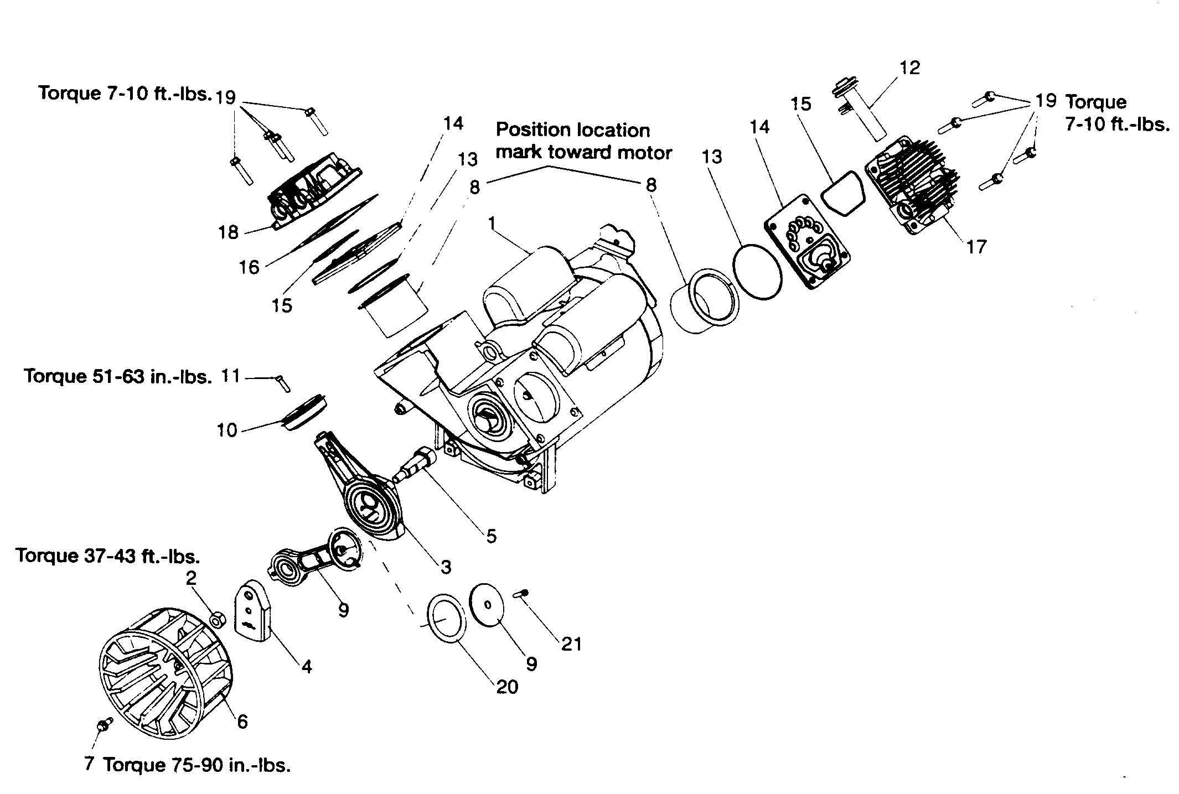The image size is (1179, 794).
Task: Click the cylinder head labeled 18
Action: [313, 191]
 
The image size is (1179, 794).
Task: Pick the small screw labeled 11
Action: [282, 382]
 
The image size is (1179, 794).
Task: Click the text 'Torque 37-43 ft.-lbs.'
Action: [108, 556]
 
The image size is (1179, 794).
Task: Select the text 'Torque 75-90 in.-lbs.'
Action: [196, 765]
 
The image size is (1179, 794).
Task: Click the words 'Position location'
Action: [572, 130]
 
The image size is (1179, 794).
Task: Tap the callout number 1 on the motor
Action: [491, 224]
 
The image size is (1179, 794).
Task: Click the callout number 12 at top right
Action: [909, 68]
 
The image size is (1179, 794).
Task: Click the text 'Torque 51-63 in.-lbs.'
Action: [118, 377]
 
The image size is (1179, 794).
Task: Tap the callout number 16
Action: [249, 267]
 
